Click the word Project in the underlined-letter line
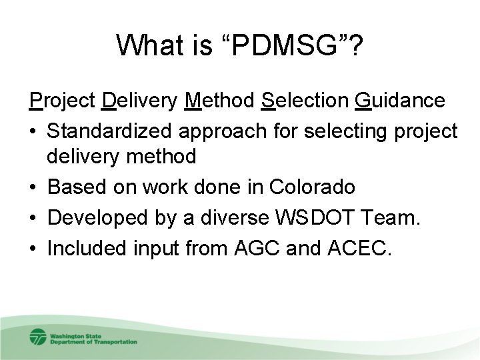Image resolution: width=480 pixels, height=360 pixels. pos(63,101)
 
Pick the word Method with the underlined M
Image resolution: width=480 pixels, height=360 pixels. pos(221,101)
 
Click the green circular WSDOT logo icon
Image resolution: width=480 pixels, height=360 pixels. pos(38,337)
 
